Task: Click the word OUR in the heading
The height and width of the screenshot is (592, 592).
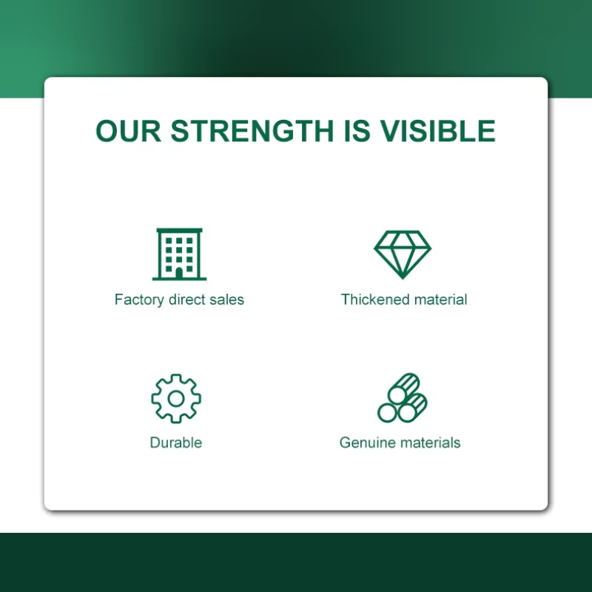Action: pyautogui.click(x=128, y=131)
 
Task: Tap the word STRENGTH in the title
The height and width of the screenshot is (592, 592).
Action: pyautogui.click(x=252, y=131)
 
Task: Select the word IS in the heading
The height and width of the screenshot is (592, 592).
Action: pyautogui.click(x=357, y=131)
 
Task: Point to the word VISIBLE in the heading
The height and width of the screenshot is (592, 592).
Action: pyautogui.click(x=437, y=131)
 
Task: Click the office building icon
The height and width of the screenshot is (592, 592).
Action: pyautogui.click(x=179, y=254)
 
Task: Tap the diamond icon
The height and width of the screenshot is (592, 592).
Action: pyautogui.click(x=403, y=255)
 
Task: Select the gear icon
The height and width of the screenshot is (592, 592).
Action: pyautogui.click(x=176, y=398)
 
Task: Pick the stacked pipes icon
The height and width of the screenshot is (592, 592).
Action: pyautogui.click(x=402, y=398)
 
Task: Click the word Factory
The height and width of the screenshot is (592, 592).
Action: pyautogui.click(x=140, y=300)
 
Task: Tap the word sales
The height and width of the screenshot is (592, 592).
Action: pyautogui.click(x=227, y=300)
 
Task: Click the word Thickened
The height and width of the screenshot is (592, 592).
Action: pyautogui.click(x=375, y=300)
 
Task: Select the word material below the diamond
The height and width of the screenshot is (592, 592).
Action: pyautogui.click(x=440, y=300)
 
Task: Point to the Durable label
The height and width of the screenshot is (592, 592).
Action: pyautogui.click(x=176, y=443)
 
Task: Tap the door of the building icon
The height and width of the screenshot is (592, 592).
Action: pyautogui.click(x=179, y=273)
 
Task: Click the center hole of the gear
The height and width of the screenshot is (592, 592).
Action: pyautogui.click(x=176, y=399)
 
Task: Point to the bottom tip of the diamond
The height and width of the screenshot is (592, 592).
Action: pyautogui.click(x=403, y=280)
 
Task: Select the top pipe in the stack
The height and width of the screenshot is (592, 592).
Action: pyautogui.click(x=403, y=388)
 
